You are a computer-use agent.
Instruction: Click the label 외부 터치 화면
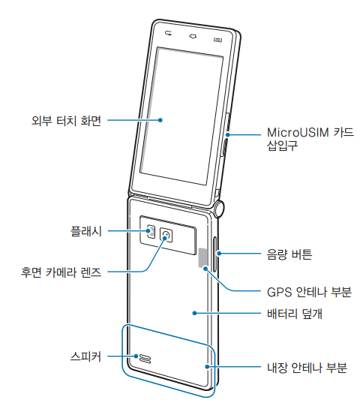[x=66, y=120]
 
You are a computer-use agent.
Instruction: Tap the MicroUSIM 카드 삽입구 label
[x=310, y=139]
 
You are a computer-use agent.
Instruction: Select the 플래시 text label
[x=86, y=231]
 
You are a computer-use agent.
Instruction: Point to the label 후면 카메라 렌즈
[x=61, y=272]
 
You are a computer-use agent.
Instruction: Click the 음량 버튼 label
[x=289, y=254]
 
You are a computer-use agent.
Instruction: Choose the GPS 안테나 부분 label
[x=309, y=292]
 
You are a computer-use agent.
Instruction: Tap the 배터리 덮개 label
[x=295, y=314]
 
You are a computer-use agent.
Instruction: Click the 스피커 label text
[x=85, y=356]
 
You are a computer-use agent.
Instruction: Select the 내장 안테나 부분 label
[x=307, y=368]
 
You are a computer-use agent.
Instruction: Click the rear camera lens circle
[x=166, y=235]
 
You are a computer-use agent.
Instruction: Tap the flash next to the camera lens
[x=151, y=231]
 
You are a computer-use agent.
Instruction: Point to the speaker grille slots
[x=145, y=358]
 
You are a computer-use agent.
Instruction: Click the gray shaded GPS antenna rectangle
[x=202, y=257]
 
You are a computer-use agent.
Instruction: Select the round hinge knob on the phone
[x=219, y=209]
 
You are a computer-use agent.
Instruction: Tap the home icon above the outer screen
[x=193, y=36]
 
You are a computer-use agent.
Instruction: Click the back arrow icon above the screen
[x=169, y=33]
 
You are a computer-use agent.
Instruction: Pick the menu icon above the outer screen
[x=217, y=40]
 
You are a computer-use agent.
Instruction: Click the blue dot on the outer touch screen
[x=160, y=120]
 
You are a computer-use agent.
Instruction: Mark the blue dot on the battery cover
[x=195, y=313]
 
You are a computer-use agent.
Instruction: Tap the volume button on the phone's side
[x=214, y=254]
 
